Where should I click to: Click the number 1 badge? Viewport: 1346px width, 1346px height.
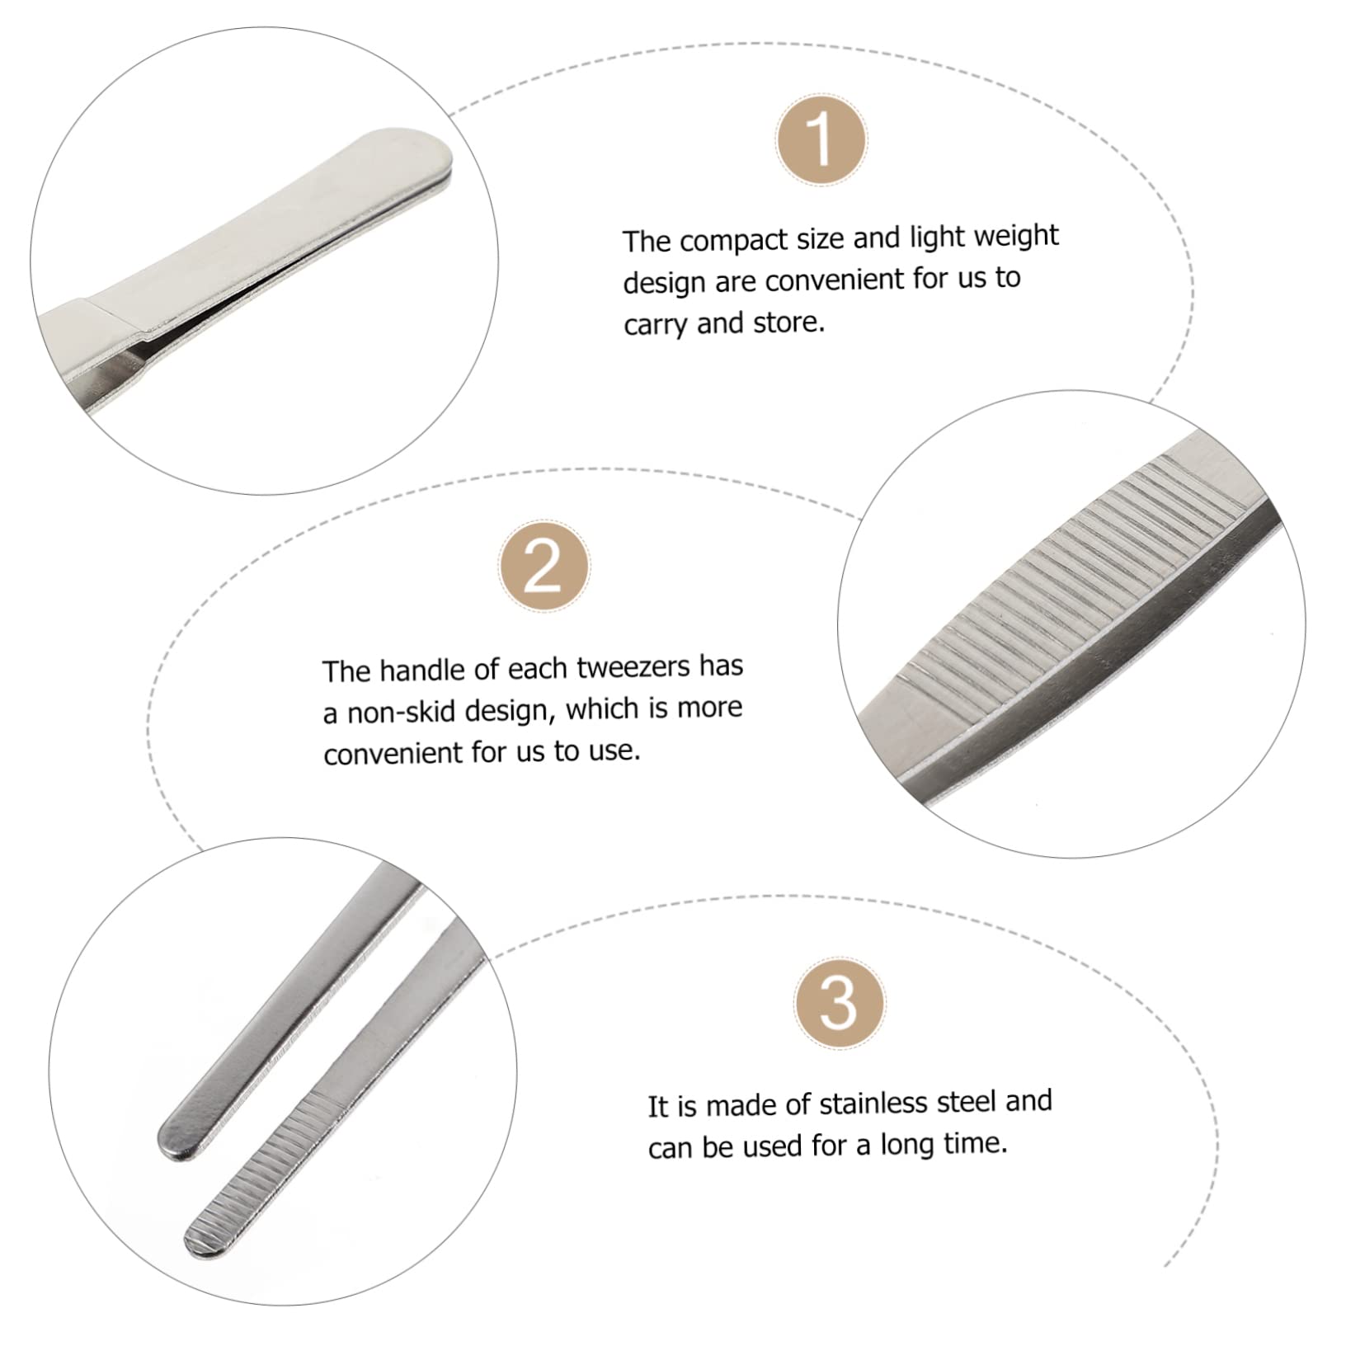point(821,140)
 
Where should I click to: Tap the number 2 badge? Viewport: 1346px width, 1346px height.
point(544,567)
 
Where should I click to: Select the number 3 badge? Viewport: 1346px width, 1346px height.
point(839,1004)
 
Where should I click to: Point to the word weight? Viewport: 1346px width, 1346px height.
point(1015,236)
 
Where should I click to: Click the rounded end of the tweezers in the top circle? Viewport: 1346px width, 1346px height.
point(429,156)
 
